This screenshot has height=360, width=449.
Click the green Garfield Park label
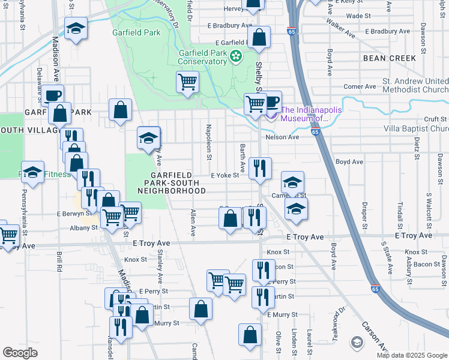point(136,32)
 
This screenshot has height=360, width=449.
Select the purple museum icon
point(273,113)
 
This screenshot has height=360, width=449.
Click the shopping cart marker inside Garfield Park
point(188,82)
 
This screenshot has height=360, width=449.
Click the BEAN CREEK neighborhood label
point(389,58)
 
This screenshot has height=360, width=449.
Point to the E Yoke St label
point(225,175)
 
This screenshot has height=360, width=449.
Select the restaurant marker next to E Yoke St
point(260,168)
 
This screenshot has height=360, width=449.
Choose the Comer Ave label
point(360,86)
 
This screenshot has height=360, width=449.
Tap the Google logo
point(20,353)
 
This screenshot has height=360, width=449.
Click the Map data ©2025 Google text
point(412,355)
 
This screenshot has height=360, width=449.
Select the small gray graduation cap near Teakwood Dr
point(357,342)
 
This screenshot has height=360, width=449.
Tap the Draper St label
point(364,219)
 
